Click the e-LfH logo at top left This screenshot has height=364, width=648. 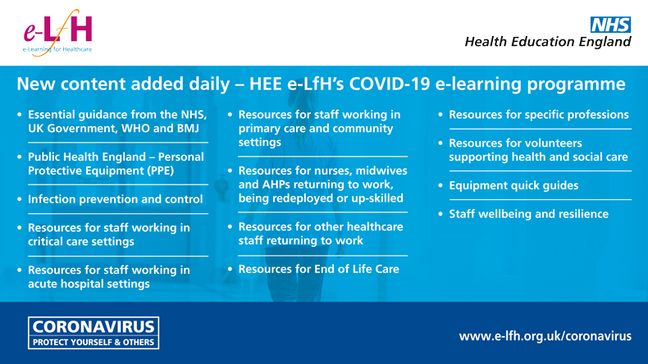click(57, 34)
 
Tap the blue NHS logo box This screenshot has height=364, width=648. click(613, 23)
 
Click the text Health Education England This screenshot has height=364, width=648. click(548, 41)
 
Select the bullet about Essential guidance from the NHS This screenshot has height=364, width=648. click(116, 122)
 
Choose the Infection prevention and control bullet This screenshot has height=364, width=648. click(115, 198)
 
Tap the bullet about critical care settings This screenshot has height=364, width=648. click(108, 234)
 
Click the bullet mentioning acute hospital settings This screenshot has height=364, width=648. click(108, 276)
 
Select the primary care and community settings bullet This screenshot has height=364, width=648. click(319, 128)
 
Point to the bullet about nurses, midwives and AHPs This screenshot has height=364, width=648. click(321, 184)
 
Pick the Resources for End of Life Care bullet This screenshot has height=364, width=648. click(318, 269)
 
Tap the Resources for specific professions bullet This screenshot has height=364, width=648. click(538, 115)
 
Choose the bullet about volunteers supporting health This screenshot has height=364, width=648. click(538, 149)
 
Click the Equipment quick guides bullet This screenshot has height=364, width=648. click(513, 185)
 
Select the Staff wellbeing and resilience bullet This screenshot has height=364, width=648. click(528, 214)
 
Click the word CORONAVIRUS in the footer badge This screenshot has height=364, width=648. click(93, 326)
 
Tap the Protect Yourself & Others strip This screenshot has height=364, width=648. click(93, 342)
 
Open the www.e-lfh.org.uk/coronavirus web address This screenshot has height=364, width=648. click(545, 336)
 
